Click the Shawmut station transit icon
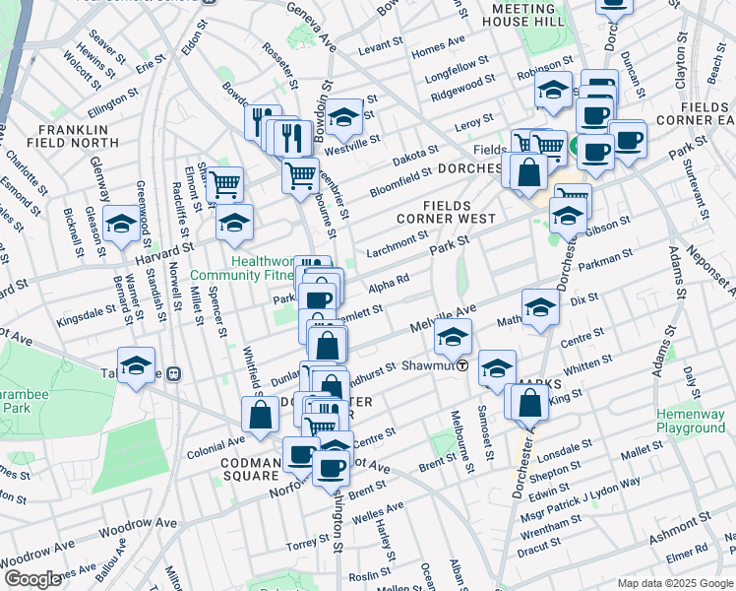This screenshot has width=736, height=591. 461,364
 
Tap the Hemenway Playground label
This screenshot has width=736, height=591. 690,421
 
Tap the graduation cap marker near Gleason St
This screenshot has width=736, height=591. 121,224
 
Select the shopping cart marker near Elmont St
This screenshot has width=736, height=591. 225,183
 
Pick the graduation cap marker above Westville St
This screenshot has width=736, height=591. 344,118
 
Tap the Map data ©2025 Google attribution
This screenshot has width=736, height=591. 674,583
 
